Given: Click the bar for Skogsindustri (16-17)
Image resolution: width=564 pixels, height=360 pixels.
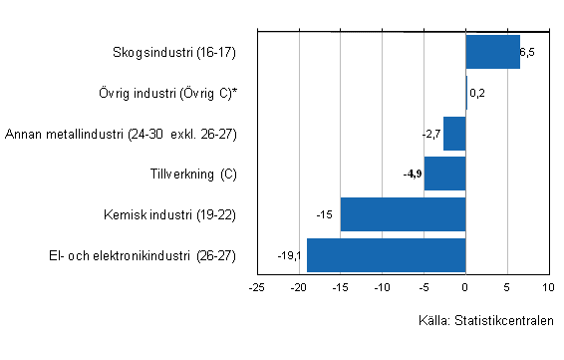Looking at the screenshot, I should (492, 52).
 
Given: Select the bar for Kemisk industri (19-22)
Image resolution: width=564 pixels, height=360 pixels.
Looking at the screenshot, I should (404, 214).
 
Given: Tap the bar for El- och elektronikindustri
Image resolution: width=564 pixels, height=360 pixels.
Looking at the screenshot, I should (387, 255).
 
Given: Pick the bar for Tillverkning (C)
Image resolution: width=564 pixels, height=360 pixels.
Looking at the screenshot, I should (445, 174).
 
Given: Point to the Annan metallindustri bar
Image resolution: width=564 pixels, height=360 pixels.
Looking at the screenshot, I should (454, 134).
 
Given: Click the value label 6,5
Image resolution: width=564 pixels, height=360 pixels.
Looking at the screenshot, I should (528, 52).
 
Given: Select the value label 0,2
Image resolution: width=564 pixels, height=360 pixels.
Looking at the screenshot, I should (476, 93).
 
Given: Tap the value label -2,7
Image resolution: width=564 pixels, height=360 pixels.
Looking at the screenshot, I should (430, 134).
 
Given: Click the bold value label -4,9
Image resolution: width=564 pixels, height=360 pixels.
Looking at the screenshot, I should (413, 175).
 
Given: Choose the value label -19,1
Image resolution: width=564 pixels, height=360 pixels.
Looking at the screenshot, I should (290, 255).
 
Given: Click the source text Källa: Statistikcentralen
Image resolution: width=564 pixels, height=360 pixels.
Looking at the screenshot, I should (485, 321).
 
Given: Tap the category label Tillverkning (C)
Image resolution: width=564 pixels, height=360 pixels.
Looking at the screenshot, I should (190, 175).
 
